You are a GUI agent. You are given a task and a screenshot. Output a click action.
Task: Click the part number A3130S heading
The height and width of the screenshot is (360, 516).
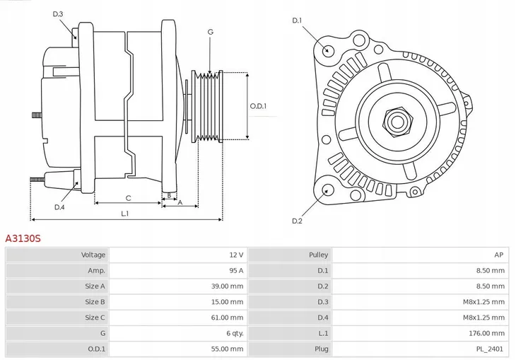tap(23, 239)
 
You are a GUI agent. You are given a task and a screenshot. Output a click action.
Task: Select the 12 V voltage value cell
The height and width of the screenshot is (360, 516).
tap(235, 255)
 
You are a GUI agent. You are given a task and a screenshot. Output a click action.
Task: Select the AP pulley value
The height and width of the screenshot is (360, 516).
tap(498, 255)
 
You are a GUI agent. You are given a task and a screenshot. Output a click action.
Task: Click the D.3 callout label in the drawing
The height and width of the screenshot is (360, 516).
tap(58, 14)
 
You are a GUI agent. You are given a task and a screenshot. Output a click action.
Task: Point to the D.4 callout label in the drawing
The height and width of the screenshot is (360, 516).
tap(59, 207)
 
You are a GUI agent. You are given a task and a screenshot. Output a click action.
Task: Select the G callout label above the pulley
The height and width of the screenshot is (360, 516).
tap(210, 33)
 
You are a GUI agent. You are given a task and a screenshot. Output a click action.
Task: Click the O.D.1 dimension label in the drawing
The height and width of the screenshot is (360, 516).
tap(258, 107)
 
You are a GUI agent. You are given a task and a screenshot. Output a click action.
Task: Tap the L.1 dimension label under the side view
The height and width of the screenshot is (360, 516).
tap(124, 213)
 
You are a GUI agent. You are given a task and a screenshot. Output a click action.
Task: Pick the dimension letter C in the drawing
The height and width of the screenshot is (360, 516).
tap(129, 198)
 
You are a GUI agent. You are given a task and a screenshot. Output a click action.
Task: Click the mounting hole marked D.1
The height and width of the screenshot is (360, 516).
tap(327, 50)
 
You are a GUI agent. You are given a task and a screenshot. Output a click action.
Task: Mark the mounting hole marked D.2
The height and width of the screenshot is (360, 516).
tap(327, 190)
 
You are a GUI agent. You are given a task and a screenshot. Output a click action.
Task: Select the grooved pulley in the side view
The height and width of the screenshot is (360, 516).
tap(207, 106)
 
